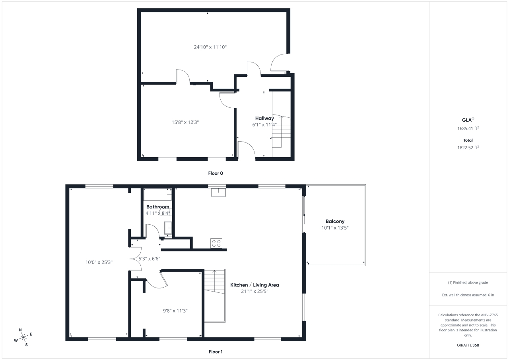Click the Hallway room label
pyautogui.click(x=264, y=118)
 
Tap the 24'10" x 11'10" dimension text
pyautogui.click(x=210, y=47)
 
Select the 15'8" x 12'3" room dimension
pyautogui.click(x=183, y=122)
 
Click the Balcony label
pyautogui.click(x=335, y=222)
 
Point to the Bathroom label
pyautogui.click(x=157, y=207)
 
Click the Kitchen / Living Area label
pyautogui.click(x=254, y=285)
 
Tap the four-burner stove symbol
pyautogui.click(x=216, y=243)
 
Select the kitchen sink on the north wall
pyautogui.click(x=218, y=193)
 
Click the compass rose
pyautogui.click(x=23, y=337)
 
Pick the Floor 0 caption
pyautogui.click(x=216, y=173)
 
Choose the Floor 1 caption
pyautogui.click(x=216, y=352)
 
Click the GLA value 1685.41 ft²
pyautogui.click(x=468, y=128)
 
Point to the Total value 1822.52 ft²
pyautogui.click(x=468, y=147)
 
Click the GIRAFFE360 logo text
pyautogui.click(x=468, y=345)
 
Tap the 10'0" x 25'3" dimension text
pyautogui.click(x=99, y=262)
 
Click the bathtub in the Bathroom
pyautogui.click(x=157, y=195)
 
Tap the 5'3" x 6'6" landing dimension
pyautogui.click(x=149, y=259)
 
